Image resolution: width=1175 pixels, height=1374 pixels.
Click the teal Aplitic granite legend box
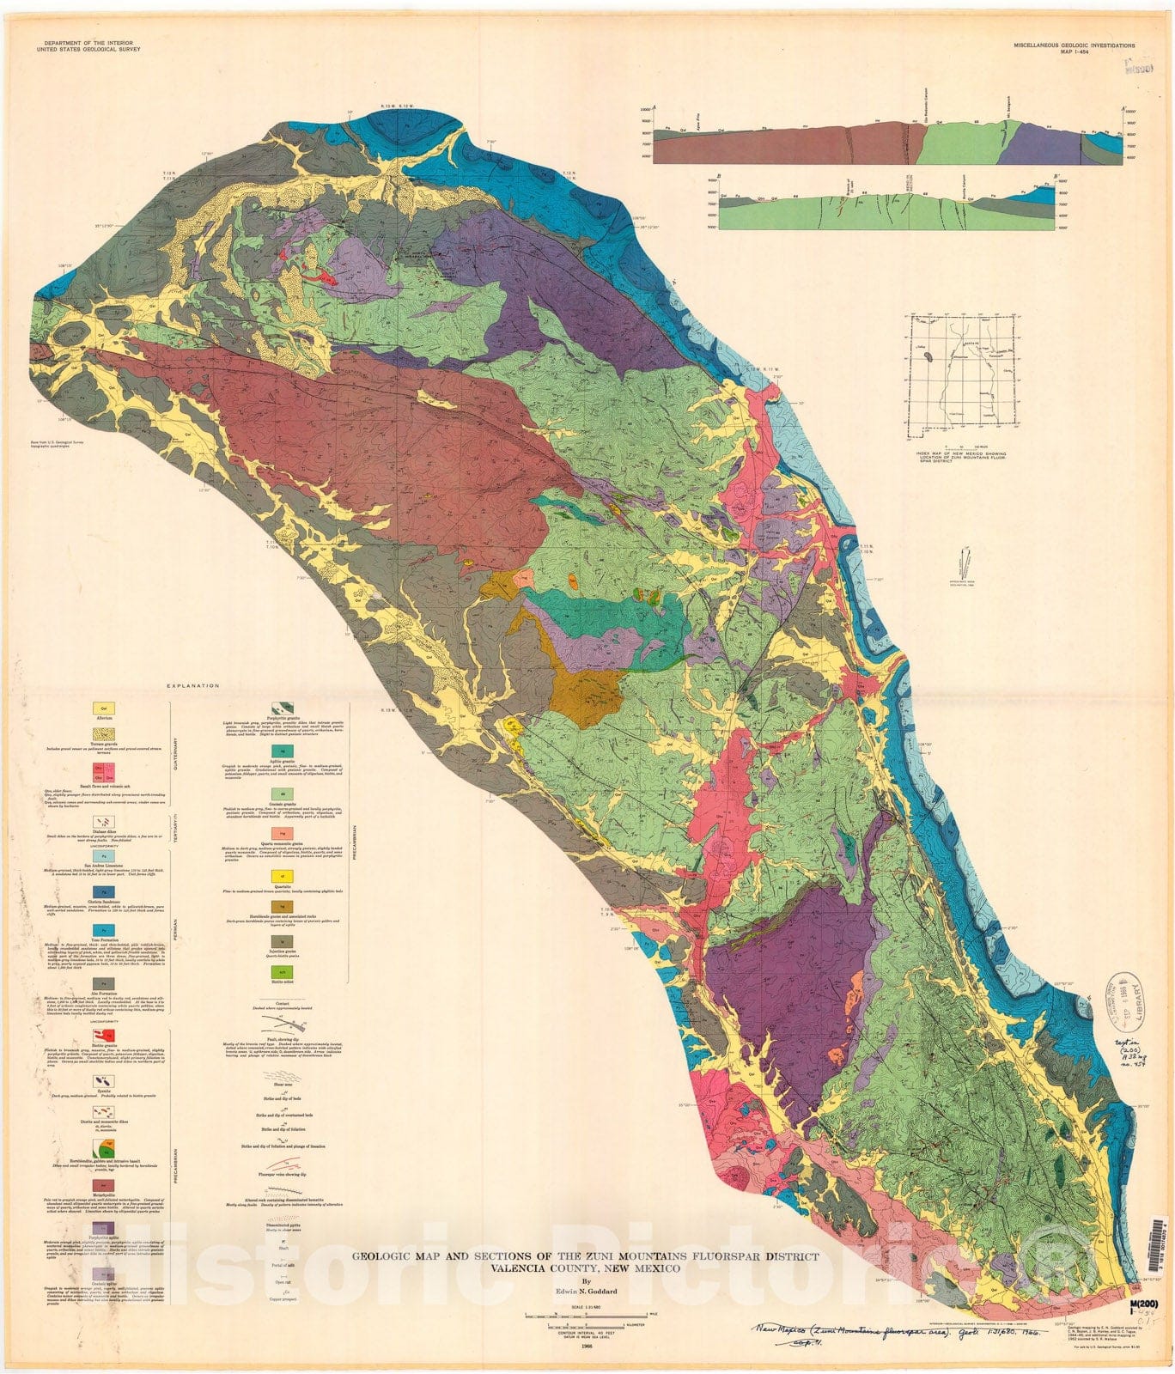276,750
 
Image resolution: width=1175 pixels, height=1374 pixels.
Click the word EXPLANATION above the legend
195,686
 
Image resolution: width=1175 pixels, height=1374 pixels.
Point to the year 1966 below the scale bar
587,1346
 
